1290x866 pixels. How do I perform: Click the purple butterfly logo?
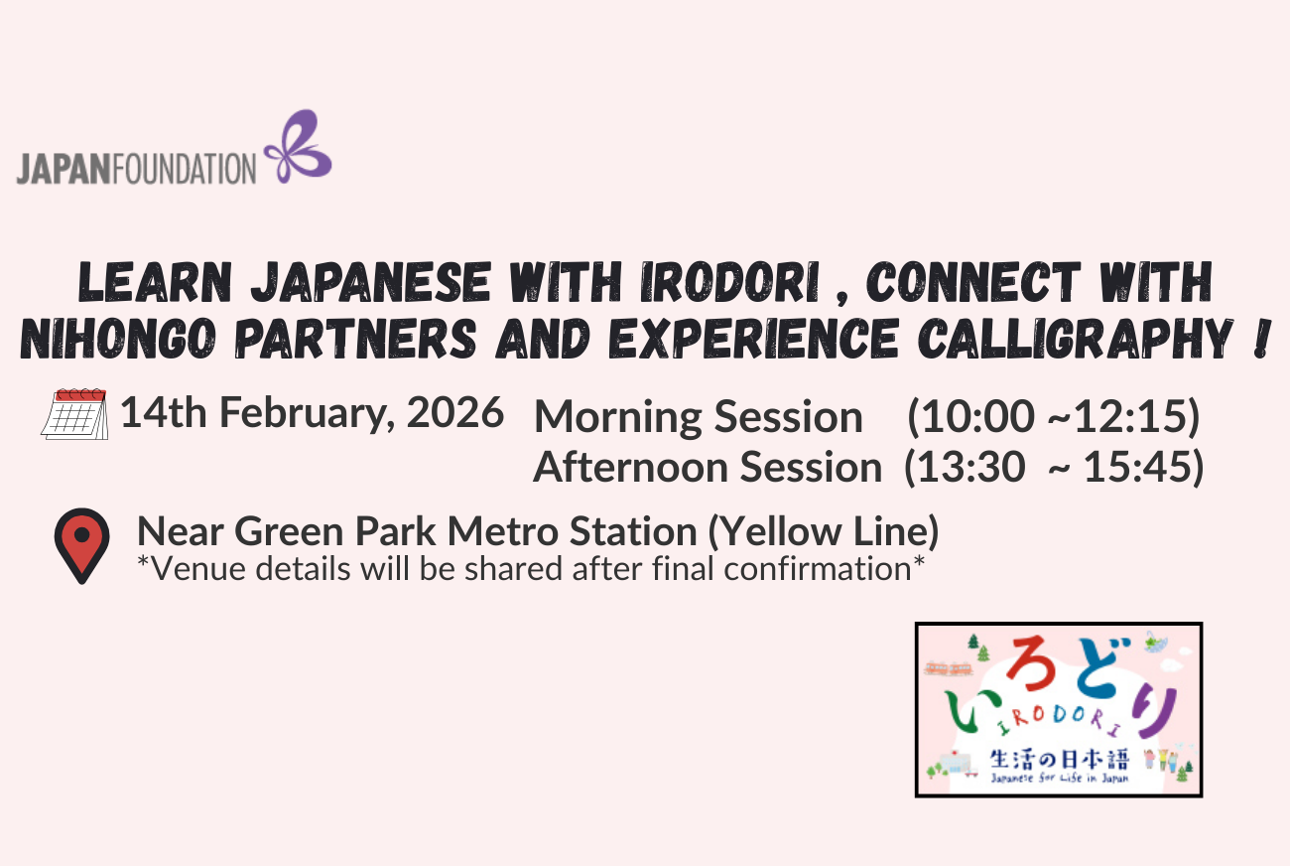(298, 148)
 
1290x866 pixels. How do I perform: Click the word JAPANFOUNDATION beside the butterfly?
(136, 168)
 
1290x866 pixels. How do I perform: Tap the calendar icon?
(74, 413)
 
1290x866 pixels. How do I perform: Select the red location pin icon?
(81, 544)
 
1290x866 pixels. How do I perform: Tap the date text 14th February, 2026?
(312, 412)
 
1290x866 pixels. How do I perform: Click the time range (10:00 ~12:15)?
(1054, 417)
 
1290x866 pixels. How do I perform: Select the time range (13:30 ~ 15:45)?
(1054, 467)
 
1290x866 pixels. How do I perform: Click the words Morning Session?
(698, 417)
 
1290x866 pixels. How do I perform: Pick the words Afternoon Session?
(707, 467)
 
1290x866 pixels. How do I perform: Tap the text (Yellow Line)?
(823, 532)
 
